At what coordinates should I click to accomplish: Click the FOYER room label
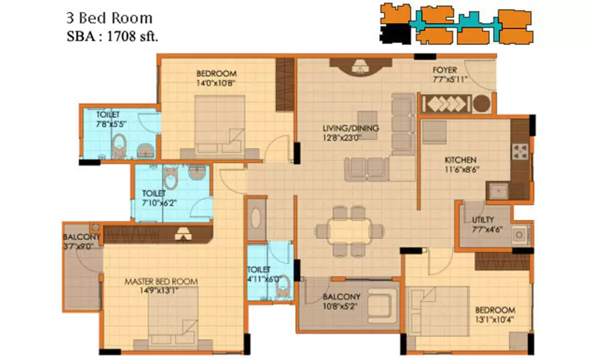coord(445,70)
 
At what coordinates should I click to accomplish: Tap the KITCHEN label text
coord(460,160)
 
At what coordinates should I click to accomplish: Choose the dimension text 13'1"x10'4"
coord(494,319)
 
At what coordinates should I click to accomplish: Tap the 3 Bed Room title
coord(109,19)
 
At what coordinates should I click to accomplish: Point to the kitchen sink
coord(498,190)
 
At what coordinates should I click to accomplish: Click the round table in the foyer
coord(482,103)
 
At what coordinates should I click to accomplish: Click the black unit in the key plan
coord(395,34)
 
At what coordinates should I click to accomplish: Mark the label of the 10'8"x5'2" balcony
coord(341,296)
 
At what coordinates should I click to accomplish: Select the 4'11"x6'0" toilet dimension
coord(259,279)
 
